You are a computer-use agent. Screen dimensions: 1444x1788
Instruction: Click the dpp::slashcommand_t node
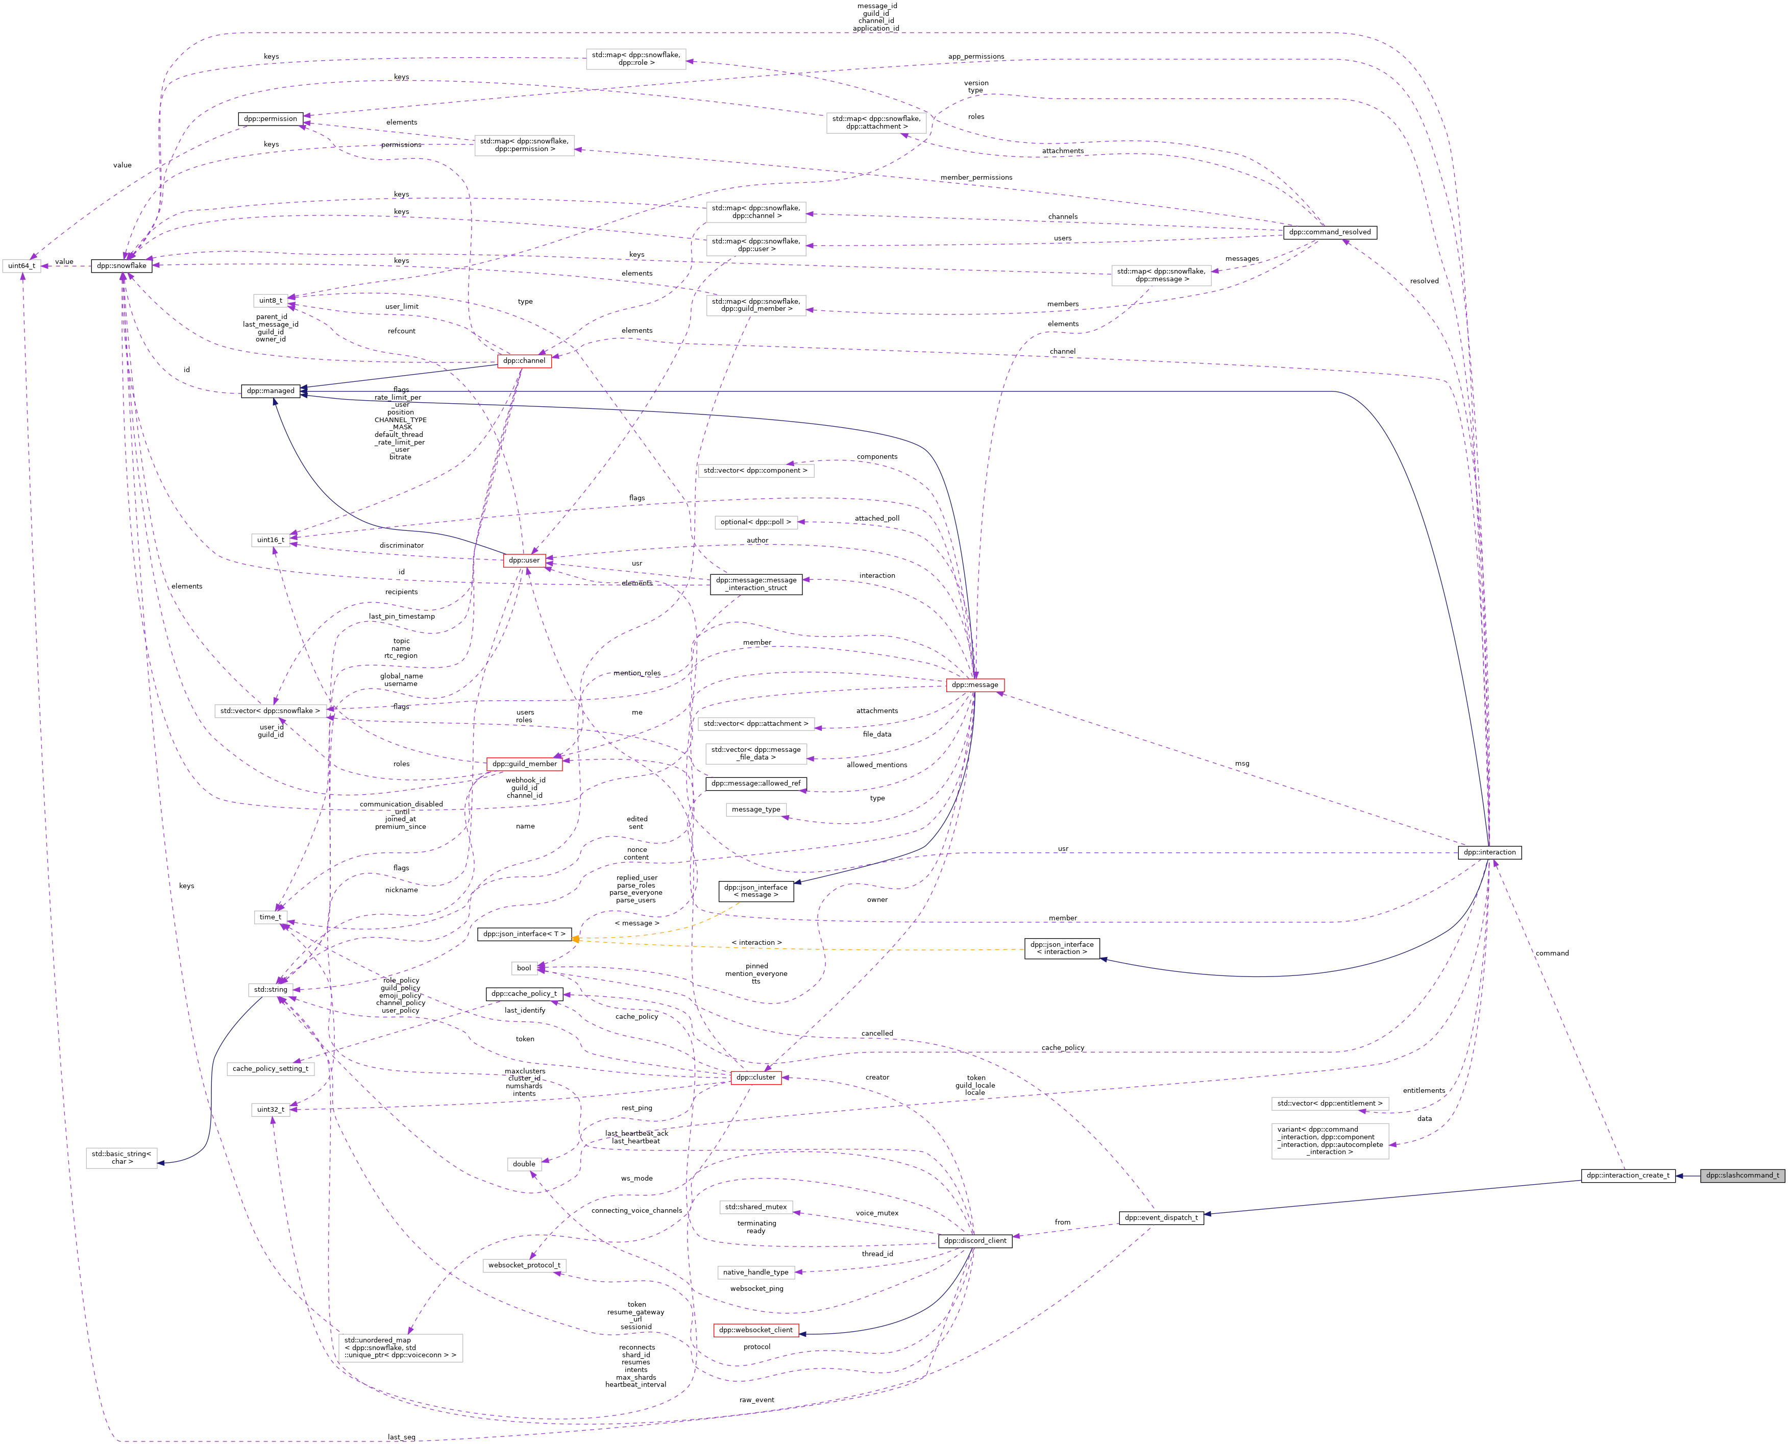[1742, 1176]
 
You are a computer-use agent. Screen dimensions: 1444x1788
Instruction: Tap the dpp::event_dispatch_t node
[1161, 1218]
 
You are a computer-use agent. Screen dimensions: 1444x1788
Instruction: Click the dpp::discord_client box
[975, 1240]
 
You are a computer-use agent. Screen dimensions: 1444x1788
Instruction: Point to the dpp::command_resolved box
[1329, 232]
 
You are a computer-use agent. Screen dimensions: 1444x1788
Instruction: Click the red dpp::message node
[975, 684]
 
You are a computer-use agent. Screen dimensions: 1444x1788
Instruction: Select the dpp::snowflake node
[121, 266]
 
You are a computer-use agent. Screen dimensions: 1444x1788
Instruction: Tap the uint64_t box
[21, 266]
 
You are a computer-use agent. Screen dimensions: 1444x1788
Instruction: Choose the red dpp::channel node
[524, 361]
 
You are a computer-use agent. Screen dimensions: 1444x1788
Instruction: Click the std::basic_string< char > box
[121, 1158]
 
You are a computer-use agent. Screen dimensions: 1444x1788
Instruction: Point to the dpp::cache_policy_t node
[524, 994]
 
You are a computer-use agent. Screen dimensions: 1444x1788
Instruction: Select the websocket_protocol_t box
[524, 1265]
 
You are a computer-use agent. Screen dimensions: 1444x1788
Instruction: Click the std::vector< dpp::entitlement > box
[1330, 1104]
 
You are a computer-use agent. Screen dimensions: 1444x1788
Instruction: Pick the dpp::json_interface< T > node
[524, 934]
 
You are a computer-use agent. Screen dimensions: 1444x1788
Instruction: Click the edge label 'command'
[1552, 953]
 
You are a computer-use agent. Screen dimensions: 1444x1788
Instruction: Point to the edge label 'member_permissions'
[976, 177]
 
